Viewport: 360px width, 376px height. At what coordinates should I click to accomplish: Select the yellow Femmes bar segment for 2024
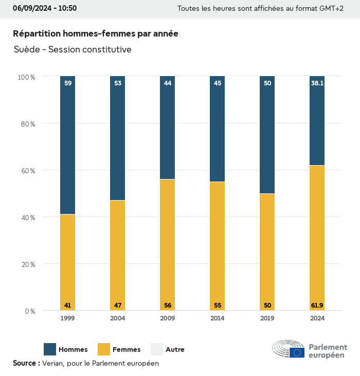[x=317, y=237]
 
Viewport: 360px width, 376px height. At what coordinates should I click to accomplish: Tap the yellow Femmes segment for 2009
[x=167, y=242]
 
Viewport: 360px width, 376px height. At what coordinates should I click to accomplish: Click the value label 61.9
[x=317, y=306]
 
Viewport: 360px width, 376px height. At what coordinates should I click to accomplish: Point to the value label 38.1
[x=317, y=83]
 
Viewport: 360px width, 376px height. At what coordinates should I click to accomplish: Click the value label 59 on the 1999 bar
[x=67, y=83]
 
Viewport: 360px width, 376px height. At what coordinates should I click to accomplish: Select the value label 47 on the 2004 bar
[x=117, y=306]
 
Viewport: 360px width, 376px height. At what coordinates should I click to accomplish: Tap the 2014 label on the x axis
[x=218, y=318]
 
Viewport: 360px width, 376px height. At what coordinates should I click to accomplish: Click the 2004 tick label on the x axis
[x=117, y=318]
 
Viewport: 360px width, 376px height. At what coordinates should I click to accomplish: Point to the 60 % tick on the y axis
[x=26, y=170]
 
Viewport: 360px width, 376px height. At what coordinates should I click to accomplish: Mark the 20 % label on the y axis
[x=26, y=264]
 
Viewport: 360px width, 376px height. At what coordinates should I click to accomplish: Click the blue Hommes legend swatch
[x=50, y=349]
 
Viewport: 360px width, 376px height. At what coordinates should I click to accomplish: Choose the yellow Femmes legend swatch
[x=104, y=349]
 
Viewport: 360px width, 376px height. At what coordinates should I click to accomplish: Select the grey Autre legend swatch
[x=157, y=349]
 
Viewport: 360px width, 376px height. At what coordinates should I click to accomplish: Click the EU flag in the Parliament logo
[x=297, y=352]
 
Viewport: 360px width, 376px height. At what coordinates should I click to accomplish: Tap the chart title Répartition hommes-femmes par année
[x=96, y=33]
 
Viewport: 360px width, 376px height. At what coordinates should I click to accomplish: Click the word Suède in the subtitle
[x=27, y=49]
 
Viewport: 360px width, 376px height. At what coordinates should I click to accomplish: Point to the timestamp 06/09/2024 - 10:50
[x=45, y=8]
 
